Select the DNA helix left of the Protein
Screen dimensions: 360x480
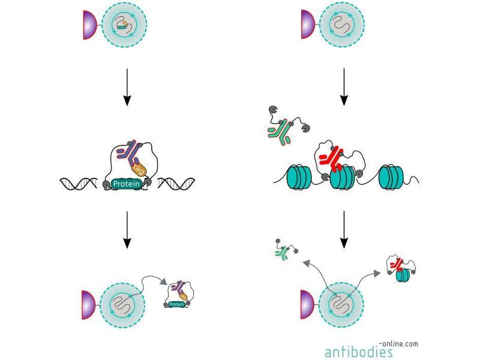(81, 184)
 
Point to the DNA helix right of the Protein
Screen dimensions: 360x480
(176, 184)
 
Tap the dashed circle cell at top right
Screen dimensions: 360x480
(343, 25)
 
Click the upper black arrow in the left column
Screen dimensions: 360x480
(126, 87)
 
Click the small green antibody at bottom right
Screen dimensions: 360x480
(281, 253)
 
